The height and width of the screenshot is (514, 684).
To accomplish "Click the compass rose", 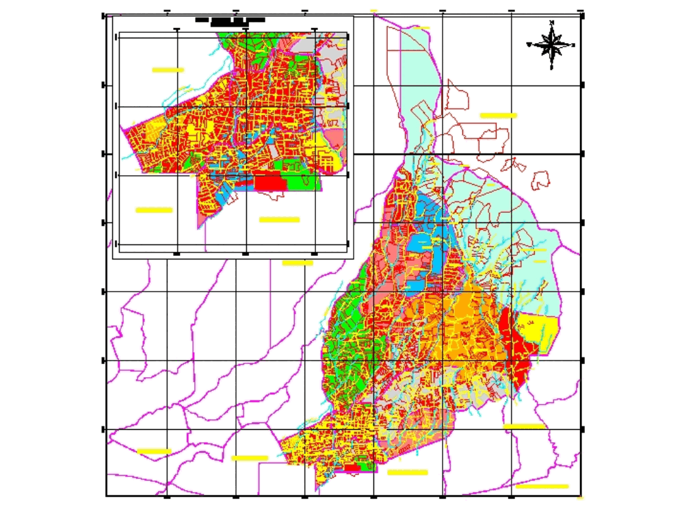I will click(x=552, y=46).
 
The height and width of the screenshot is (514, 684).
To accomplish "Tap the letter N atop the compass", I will click(x=552, y=23).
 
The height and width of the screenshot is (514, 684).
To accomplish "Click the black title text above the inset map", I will click(x=229, y=22).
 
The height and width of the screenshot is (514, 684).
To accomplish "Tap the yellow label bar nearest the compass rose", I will click(x=498, y=116).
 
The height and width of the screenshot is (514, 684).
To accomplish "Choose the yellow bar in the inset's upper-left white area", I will click(x=168, y=70).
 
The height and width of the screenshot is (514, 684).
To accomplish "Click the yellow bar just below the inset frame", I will click(x=297, y=263).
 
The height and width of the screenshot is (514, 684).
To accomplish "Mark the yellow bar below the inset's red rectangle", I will click(x=279, y=220).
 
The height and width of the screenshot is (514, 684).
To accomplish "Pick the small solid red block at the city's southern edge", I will click(x=352, y=468).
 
